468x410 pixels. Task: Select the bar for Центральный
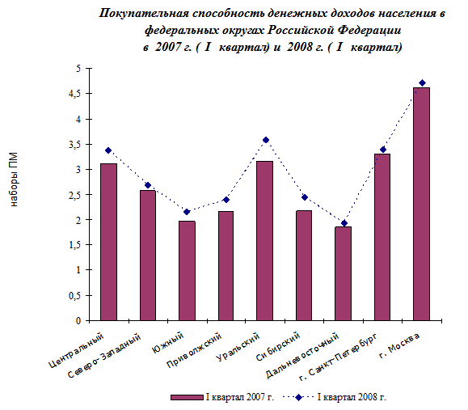point(108,242)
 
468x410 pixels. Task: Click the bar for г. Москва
point(421,204)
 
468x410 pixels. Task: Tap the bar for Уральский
point(265,241)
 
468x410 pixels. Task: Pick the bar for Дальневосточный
point(344,273)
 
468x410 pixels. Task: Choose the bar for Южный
point(187,271)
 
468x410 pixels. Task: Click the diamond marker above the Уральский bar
point(266,140)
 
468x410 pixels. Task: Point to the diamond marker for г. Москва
point(422,82)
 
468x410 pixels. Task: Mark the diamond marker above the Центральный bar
point(108,150)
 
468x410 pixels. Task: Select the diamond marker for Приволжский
point(226,200)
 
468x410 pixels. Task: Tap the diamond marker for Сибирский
point(305,197)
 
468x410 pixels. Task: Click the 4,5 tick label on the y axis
point(74,94)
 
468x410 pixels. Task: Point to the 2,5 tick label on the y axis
point(74,195)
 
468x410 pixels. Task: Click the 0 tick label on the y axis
point(78,321)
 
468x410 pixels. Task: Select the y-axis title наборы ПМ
point(14,180)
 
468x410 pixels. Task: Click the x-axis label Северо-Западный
point(104,356)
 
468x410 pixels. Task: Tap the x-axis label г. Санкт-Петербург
point(339,357)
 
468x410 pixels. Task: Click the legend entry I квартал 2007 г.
point(222,397)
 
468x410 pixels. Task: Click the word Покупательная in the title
point(144,14)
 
